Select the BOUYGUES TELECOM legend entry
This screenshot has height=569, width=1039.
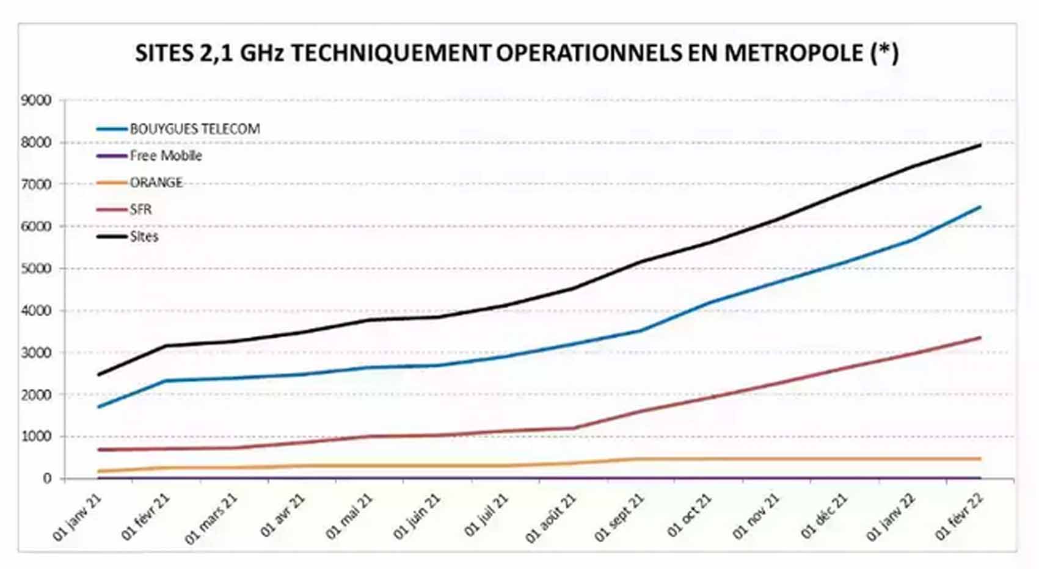pos(194,129)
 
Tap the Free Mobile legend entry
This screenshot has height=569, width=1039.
pos(165,156)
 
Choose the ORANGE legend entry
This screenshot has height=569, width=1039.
pos(156,183)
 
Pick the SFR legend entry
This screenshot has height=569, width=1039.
pos(140,209)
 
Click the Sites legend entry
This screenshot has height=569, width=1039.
pos(144,236)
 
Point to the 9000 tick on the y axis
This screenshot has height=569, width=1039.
pos(36,100)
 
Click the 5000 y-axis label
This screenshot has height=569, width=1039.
pos(36,269)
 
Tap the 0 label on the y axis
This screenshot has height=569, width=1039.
pos(46,479)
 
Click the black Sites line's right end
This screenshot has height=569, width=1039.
pos(980,145)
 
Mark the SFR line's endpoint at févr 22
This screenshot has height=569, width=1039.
pos(980,337)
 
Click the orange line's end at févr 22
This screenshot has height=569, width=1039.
pos(980,458)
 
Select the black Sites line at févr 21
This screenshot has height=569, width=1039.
pos(166,346)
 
